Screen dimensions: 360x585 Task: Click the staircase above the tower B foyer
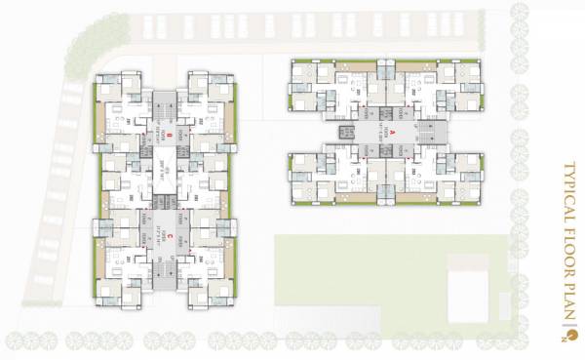tap(165, 99)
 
